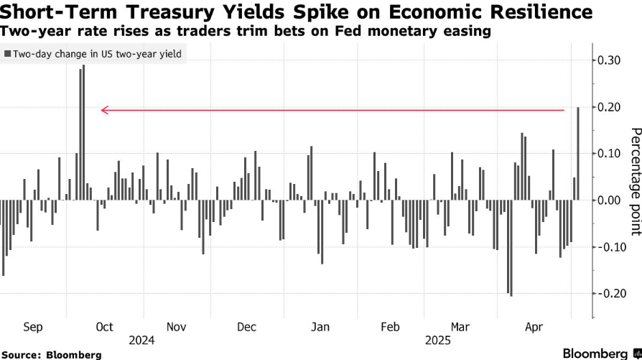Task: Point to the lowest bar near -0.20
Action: (511, 248)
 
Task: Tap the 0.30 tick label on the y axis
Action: (609, 60)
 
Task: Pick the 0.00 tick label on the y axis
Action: (609, 200)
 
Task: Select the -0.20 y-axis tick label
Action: (608, 293)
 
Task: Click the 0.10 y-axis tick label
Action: (609, 153)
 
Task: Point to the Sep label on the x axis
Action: (33, 327)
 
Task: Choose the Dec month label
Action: (246, 327)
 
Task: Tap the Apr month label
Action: (534, 327)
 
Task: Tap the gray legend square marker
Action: (8, 54)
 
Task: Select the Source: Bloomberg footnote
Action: (51, 354)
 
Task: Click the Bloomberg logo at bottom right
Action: (600, 354)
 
